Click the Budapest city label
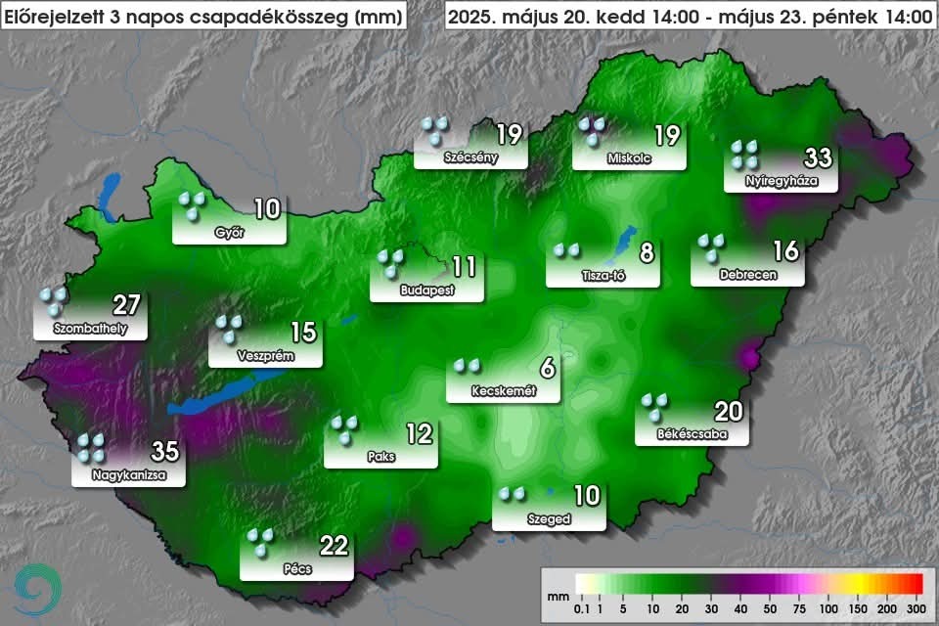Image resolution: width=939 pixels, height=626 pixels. pos(427,291)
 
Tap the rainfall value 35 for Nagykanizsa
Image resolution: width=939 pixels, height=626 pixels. pos(165,452)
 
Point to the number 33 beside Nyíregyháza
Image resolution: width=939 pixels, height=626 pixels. pos(818,156)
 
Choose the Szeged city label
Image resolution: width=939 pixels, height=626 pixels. pos(548,519)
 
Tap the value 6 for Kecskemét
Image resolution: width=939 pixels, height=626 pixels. pos(547,368)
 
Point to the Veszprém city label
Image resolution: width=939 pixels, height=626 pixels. pos(265,357)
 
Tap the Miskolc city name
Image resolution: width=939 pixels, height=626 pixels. pos(629,158)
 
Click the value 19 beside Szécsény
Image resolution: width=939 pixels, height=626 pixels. pos(509,133)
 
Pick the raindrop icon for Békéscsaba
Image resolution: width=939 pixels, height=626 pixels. pos(655,406)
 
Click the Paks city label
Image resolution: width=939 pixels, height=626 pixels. pos(382,457)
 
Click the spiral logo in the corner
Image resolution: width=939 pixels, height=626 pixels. pos(38,588)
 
